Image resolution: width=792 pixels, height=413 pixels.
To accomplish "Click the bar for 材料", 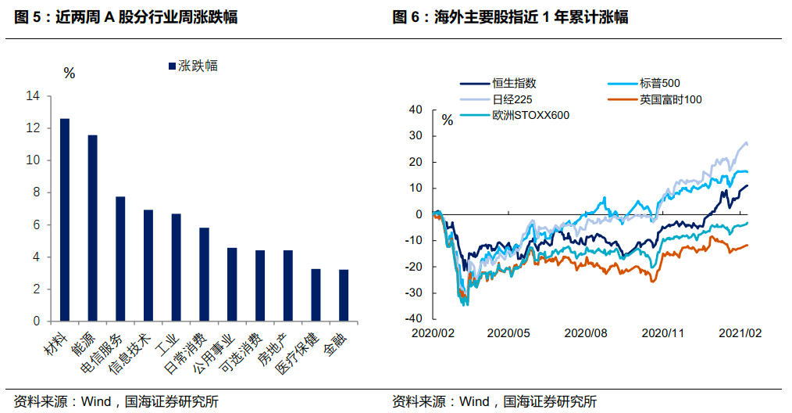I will [65, 220].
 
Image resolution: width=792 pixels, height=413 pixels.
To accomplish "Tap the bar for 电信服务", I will [120, 259].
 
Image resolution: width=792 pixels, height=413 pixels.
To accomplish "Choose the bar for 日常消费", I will [204, 275].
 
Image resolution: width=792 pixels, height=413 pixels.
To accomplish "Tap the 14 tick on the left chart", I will [32, 96].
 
